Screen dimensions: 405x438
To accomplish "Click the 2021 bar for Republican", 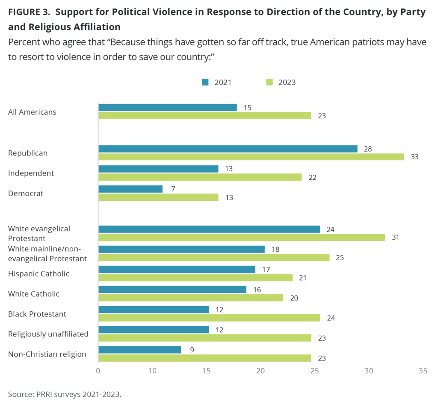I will tap(228, 149).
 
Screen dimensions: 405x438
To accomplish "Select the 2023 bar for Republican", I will tap(251, 157).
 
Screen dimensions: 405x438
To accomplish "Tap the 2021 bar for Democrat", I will tap(130, 189).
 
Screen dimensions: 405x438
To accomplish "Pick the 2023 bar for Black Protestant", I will tap(209, 318).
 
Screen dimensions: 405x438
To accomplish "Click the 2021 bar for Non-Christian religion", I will tap(139, 350).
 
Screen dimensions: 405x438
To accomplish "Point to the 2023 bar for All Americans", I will tap(204, 115).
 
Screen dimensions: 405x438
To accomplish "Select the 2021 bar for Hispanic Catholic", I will tap(177, 269).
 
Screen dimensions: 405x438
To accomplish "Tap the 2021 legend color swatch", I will tap(205, 82).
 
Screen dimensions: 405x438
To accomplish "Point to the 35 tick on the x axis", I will tap(423, 371).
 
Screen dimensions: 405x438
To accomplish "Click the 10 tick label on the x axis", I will tap(152, 371).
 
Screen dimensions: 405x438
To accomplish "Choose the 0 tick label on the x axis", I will tap(98, 371).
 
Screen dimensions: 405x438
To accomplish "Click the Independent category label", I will tap(31, 173).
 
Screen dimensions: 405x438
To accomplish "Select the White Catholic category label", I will tap(34, 294).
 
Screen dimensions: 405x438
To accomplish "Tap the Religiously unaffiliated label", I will tap(48, 334).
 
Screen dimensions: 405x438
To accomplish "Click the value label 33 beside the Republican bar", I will tap(414, 157).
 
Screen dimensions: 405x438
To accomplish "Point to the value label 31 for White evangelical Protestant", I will tap(395, 237).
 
